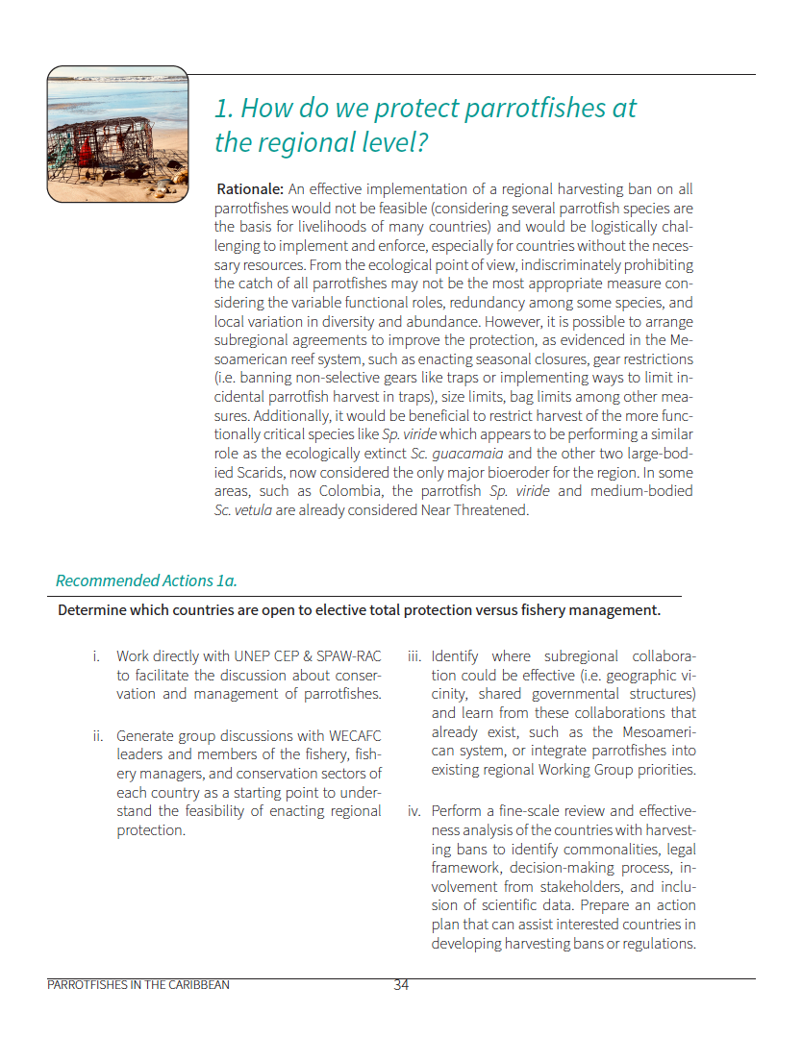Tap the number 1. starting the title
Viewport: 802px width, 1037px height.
point(224,108)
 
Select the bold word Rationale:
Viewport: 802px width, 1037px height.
point(250,189)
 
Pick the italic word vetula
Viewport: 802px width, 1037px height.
point(252,509)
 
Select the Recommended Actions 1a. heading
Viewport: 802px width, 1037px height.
point(146,580)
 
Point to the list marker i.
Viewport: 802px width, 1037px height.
point(96,656)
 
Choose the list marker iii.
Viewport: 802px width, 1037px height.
point(414,656)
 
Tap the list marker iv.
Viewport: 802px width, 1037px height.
point(414,811)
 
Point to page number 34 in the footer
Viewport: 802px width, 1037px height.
point(401,985)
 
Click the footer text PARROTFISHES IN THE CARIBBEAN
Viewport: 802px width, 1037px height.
point(138,985)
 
